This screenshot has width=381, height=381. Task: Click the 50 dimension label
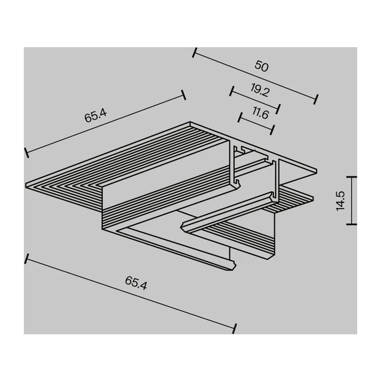pos(261,66)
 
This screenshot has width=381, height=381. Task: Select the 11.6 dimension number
pos(261,113)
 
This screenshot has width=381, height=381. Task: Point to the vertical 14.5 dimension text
pos(341,201)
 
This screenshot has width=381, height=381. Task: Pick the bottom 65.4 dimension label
pos(136,283)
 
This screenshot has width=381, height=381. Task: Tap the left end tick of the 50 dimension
pos(194,53)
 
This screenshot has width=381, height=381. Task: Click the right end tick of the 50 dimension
pos(316,100)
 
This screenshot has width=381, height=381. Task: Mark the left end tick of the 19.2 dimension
pos(231,91)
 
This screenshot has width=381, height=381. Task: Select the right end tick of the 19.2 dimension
pos(279,109)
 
